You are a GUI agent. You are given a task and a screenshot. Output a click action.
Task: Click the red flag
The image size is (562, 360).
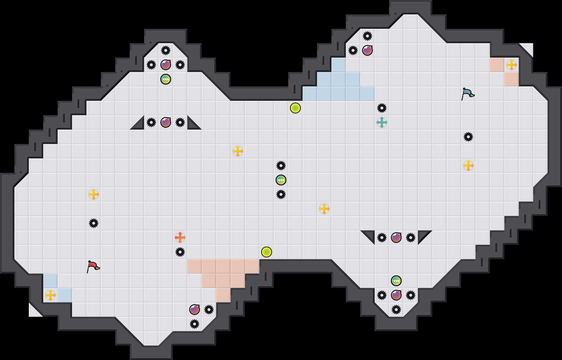pyautogui.click(x=93, y=266)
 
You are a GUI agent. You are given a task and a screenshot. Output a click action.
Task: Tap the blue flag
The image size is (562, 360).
pyautogui.click(x=468, y=94)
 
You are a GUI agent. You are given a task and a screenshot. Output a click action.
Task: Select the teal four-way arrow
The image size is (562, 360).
pyautogui.click(x=382, y=122)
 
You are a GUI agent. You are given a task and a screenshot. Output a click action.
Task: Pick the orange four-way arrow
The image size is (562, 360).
pyautogui.click(x=180, y=238)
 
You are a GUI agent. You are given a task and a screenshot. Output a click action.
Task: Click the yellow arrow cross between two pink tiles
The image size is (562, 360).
pyautogui.click(x=512, y=65)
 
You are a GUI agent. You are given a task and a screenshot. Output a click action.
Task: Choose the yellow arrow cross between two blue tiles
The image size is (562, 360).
pyautogui.click(x=50, y=295)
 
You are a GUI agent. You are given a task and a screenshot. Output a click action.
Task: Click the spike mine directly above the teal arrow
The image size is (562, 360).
pyautogui.click(x=382, y=108)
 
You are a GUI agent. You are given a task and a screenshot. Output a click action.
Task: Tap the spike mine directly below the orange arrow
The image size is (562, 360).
pyautogui.click(x=180, y=252)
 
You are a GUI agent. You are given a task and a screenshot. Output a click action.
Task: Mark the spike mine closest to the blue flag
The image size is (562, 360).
pyautogui.click(x=468, y=137)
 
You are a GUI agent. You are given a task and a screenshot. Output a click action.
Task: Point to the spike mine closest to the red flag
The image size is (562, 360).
pyautogui.click(x=94, y=223)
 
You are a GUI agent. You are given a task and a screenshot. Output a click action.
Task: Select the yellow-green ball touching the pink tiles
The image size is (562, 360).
pyautogui.click(x=267, y=252)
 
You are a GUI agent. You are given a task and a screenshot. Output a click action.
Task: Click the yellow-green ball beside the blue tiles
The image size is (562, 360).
pyautogui.click(x=295, y=108)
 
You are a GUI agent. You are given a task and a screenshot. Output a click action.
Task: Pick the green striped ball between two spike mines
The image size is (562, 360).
pyautogui.click(x=281, y=180)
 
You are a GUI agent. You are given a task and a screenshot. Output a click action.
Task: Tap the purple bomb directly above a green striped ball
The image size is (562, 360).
pyautogui.click(x=166, y=65)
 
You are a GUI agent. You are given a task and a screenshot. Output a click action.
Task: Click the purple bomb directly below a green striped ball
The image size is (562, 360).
pyautogui.click(x=396, y=295)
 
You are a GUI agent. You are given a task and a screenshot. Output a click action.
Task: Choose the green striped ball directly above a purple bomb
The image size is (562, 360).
pyautogui.click(x=396, y=281)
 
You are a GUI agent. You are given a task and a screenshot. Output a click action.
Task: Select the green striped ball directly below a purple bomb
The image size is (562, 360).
pyautogui.click(x=166, y=79)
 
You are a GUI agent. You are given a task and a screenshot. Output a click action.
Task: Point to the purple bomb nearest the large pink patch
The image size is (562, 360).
pyautogui.click(x=195, y=310)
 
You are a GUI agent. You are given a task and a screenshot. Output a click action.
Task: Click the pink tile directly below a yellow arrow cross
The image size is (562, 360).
pyautogui.click(x=512, y=79)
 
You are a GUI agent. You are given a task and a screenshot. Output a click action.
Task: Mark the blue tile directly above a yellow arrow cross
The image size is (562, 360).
pyautogui.click(x=50, y=281)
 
